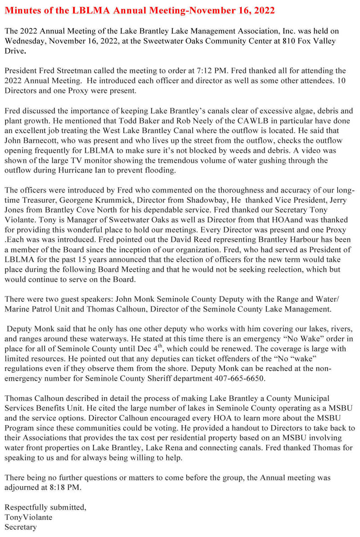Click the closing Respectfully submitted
tap(45, 508)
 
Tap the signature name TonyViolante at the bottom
tap(28, 517)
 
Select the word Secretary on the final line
tap(21, 527)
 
